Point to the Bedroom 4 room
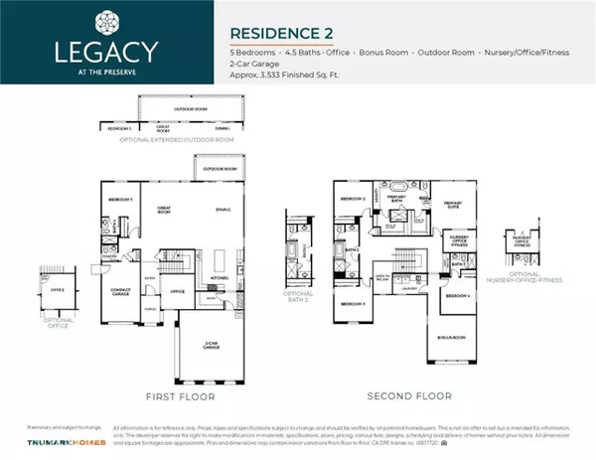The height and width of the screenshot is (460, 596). (456, 296)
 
